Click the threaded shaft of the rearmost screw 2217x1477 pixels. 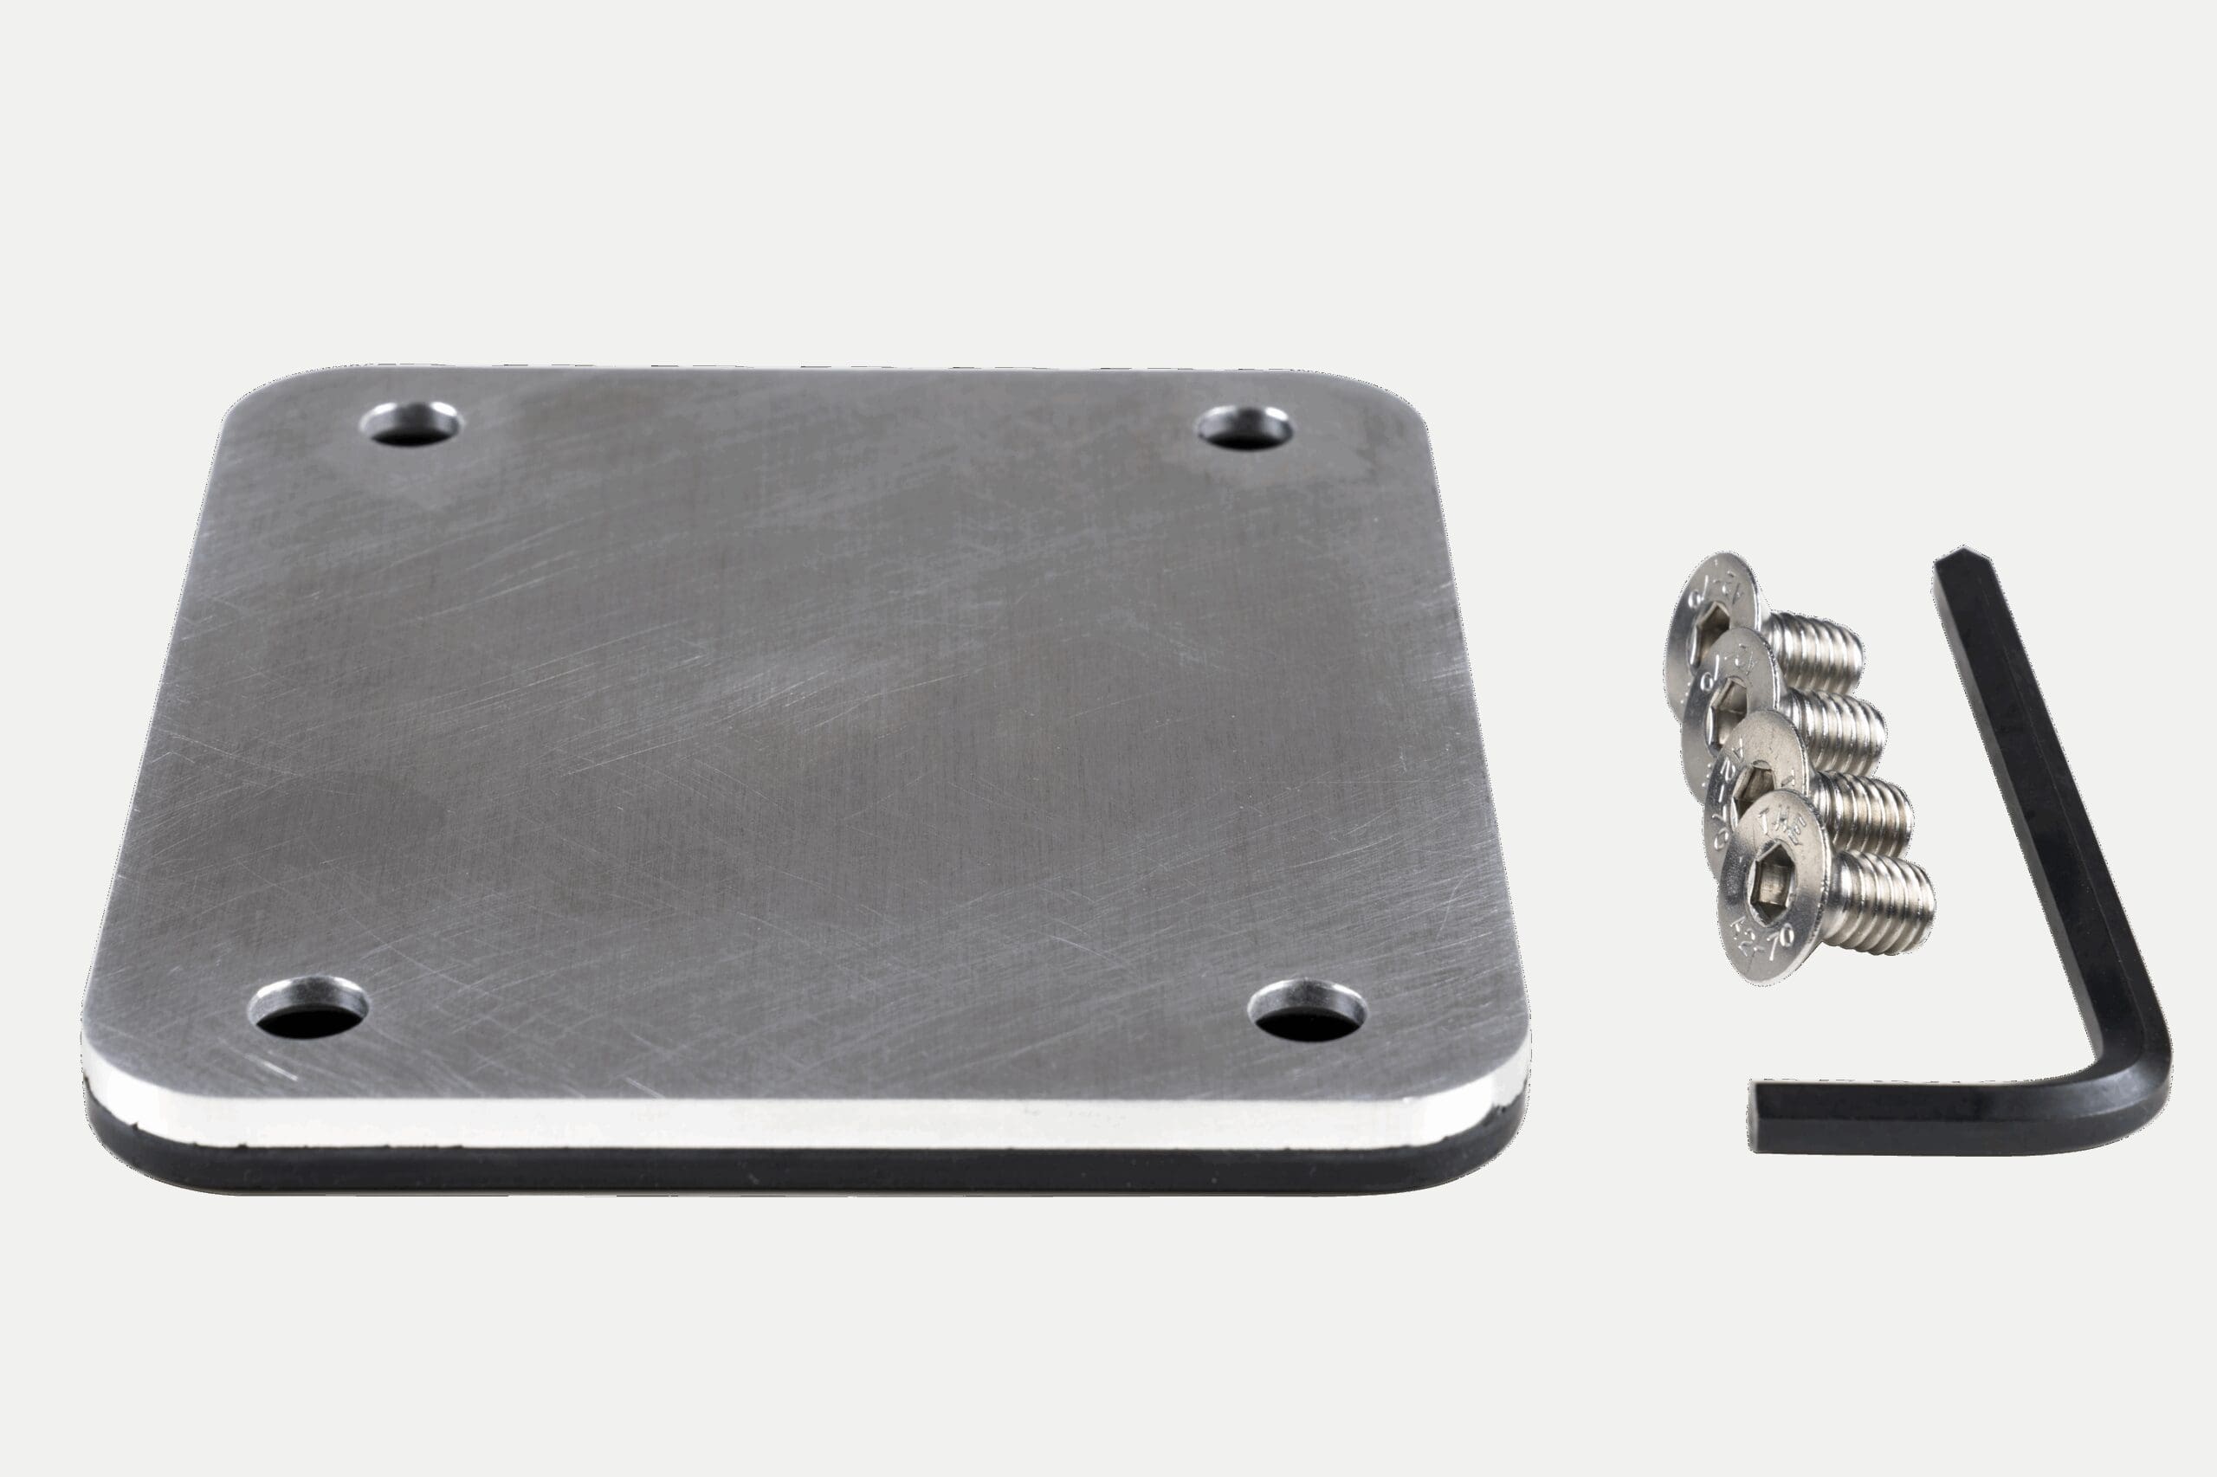click(1813, 651)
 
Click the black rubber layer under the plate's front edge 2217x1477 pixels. click(801, 1168)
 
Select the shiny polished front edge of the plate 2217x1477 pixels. click(801, 1123)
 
